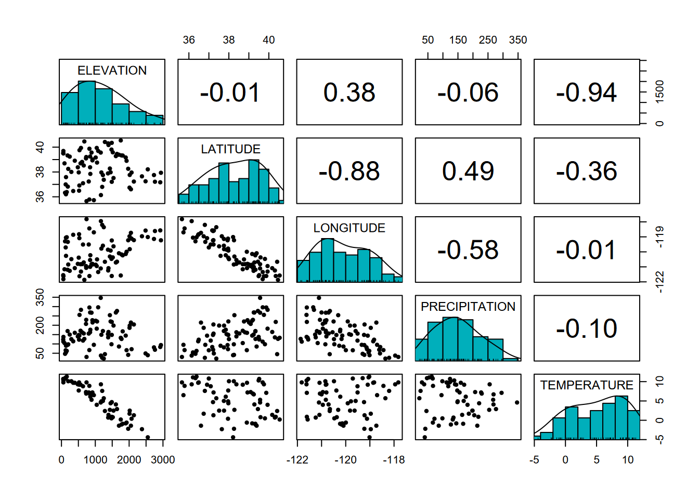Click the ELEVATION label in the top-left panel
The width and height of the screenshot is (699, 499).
[x=112, y=70]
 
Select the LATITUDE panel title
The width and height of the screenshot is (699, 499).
[x=230, y=149]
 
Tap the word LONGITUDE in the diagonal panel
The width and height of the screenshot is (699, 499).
[x=349, y=228]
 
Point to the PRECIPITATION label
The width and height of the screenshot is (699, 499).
[x=468, y=307]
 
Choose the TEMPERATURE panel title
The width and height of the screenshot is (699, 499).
[x=586, y=385]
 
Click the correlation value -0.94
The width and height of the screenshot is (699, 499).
[x=586, y=93]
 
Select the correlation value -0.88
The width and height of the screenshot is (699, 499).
[x=349, y=171]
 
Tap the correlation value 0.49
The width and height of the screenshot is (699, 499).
[x=468, y=171]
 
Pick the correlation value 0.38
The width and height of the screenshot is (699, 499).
[x=349, y=93]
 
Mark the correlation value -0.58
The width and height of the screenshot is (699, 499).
[x=468, y=250]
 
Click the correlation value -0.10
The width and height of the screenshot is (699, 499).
[x=586, y=329]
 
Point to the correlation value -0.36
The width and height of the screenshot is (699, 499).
[x=586, y=171]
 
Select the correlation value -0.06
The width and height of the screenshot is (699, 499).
[x=468, y=93]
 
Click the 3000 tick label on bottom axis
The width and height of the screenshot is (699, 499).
[x=163, y=460]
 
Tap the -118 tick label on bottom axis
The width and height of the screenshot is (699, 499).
[x=394, y=460]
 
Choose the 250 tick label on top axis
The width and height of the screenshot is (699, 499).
[x=488, y=40]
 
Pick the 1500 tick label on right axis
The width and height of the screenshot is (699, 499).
[x=659, y=91]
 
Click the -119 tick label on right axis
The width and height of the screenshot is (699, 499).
[x=659, y=237]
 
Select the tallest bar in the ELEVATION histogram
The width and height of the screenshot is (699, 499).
[x=87, y=103]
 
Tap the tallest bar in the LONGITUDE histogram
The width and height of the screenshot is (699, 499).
[x=327, y=260]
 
